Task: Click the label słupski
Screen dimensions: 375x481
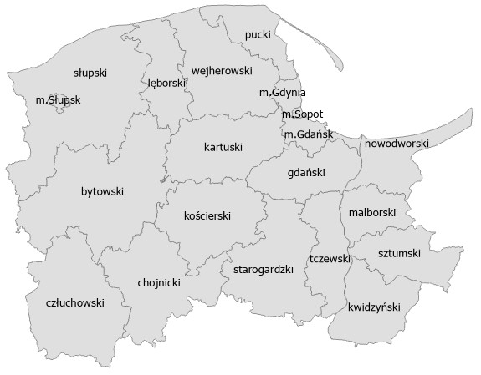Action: tap(90, 73)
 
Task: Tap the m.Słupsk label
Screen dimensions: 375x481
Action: tap(59, 99)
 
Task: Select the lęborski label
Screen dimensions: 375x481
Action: tap(166, 84)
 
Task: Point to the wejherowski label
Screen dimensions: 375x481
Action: tap(222, 71)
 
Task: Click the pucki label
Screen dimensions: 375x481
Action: tap(258, 34)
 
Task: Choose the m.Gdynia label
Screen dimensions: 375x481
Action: tap(282, 92)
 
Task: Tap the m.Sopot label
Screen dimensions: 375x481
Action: tap(302, 114)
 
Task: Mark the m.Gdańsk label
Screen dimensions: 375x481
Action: tap(309, 134)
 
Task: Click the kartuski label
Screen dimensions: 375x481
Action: tap(223, 148)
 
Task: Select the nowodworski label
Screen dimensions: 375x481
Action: tap(397, 144)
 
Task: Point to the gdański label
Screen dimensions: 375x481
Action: tap(305, 173)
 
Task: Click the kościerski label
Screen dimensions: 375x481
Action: tap(207, 215)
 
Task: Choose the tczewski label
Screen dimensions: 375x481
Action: tap(329, 259)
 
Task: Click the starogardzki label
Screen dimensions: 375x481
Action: tap(263, 269)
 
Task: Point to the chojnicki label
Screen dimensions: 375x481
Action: tap(159, 282)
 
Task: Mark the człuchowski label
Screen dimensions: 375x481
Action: tap(74, 303)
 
